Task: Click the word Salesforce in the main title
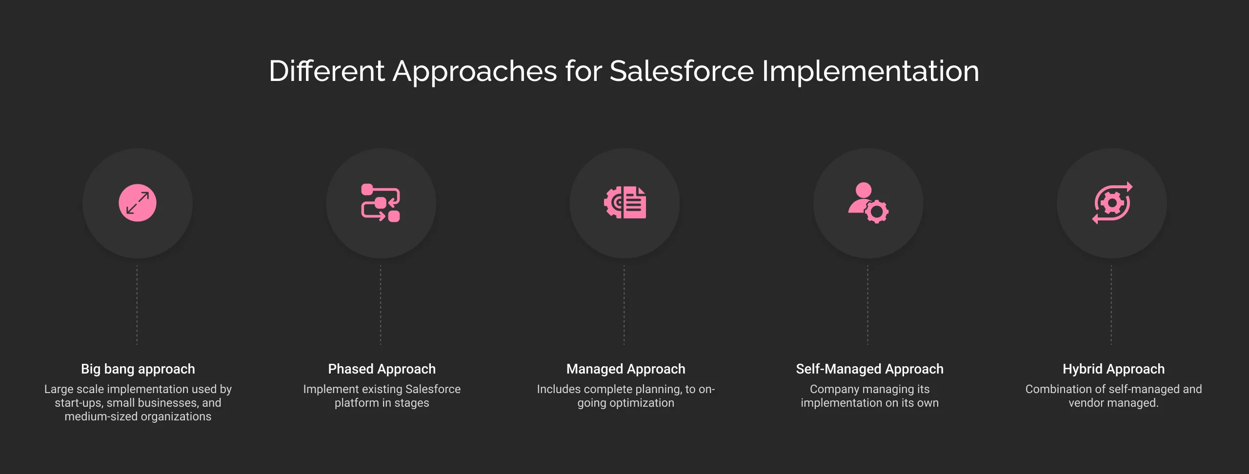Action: tap(681, 71)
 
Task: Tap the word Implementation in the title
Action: tap(870, 71)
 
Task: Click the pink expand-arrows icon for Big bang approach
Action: tap(138, 203)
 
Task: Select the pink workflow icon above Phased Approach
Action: tap(381, 203)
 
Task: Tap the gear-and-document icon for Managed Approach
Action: tap(625, 202)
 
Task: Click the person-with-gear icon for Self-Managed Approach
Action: tap(868, 203)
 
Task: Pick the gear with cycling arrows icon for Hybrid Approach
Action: tap(1112, 203)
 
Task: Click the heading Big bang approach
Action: tap(138, 369)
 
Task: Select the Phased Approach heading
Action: tap(382, 369)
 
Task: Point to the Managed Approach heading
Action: tap(625, 369)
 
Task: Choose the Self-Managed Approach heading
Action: tap(869, 369)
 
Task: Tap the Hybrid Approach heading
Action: tap(1113, 369)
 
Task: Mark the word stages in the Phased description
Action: tap(411, 403)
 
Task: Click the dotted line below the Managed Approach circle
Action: tap(624, 305)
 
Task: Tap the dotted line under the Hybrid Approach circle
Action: tap(1111, 305)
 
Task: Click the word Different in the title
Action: tap(326, 71)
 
